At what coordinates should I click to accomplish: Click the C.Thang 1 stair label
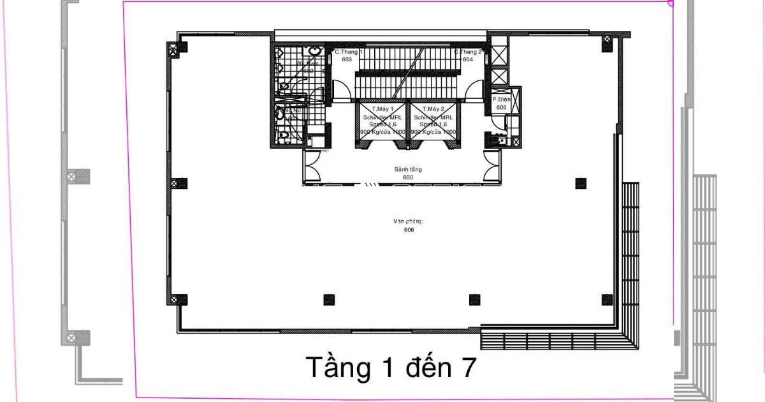[348, 52]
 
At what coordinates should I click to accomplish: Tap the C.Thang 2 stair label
[468, 52]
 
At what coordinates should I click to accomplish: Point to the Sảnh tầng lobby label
[408, 169]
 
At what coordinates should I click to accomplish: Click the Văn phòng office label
[408, 221]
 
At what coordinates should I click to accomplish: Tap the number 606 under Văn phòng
[409, 230]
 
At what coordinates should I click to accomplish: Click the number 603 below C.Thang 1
[347, 59]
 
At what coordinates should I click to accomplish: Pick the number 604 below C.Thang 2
[468, 59]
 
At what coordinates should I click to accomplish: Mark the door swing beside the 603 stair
[342, 92]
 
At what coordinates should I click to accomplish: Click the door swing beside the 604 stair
[474, 92]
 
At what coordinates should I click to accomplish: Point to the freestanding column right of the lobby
[580, 184]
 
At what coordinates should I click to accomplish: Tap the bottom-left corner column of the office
[181, 299]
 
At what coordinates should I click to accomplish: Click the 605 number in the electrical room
[501, 107]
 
